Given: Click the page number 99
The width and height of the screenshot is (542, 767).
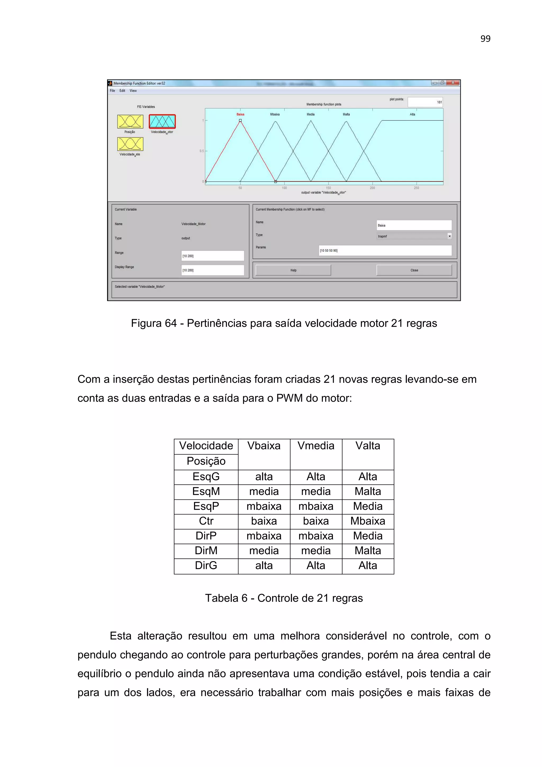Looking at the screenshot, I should [485, 39].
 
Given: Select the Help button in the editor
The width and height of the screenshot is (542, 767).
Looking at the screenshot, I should [293, 270].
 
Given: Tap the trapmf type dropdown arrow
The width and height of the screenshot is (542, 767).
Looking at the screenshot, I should [449, 236].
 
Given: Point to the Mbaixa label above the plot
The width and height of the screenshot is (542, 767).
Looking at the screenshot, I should [275, 114].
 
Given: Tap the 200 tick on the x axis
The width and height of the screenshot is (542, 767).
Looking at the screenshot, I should [372, 188].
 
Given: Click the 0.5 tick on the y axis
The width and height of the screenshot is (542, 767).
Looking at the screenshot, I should [202, 151].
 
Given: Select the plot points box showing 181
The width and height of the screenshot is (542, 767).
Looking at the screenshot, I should [425, 102].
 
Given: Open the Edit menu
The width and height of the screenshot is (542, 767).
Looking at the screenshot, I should [122, 91].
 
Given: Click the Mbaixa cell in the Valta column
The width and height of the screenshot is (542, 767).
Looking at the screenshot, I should [367, 521].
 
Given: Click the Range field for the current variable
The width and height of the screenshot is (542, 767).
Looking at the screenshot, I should [213, 256].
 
